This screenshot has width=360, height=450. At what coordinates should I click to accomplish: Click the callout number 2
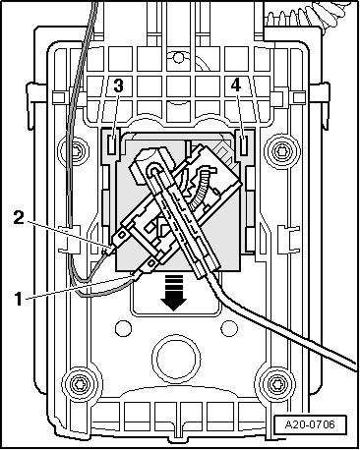(x=19, y=218)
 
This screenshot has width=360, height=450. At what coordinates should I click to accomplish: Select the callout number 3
(x=118, y=85)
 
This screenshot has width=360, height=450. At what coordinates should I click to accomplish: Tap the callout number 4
(x=236, y=85)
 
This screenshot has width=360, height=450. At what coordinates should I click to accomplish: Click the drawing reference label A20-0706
(x=310, y=424)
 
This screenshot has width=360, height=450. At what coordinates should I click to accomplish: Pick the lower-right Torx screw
(x=275, y=382)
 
